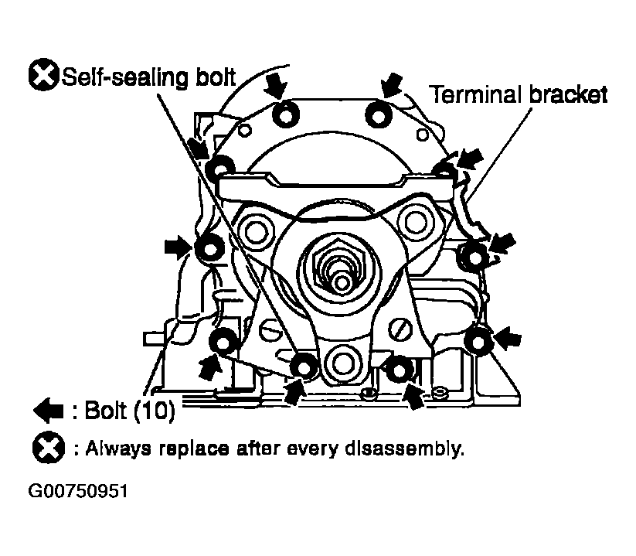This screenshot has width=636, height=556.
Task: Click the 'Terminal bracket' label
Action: point(519,94)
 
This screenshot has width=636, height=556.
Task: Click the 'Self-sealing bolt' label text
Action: point(150,76)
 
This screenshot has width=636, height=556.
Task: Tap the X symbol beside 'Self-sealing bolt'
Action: point(44,76)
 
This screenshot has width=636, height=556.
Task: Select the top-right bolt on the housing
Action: point(378,114)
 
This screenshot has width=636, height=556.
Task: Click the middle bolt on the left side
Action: point(209,248)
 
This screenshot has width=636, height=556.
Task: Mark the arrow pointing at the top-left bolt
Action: point(274,83)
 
